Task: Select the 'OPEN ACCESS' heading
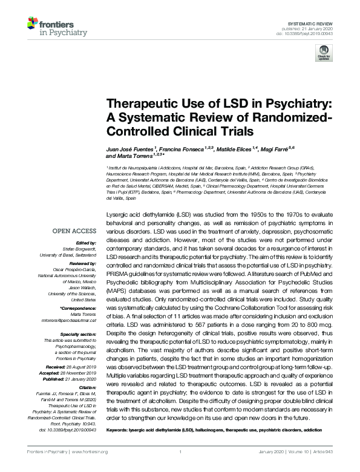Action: coord(74,231)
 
